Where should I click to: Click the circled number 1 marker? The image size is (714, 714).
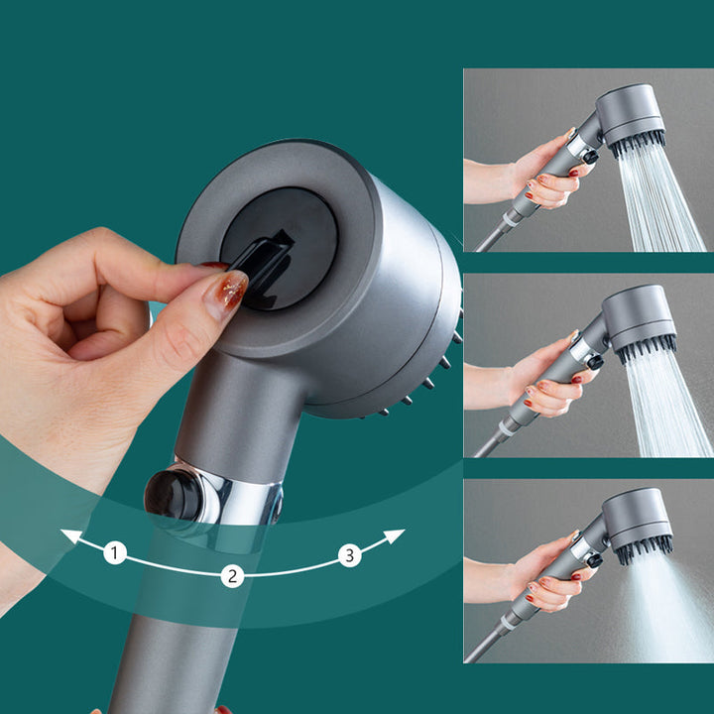pos(115,553)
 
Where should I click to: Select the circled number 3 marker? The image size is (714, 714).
pos(349,555)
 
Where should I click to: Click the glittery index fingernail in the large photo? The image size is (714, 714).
pos(226,295)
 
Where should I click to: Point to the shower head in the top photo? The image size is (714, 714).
pos(631,117)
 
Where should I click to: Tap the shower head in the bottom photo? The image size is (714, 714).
pos(637,521)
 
